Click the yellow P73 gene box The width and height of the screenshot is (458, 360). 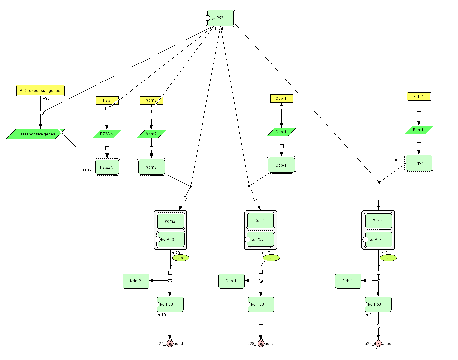107,100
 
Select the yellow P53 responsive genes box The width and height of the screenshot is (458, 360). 40,91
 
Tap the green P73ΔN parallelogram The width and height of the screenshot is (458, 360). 107,134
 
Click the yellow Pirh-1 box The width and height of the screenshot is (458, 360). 419,97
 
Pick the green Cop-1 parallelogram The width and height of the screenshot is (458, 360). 281,132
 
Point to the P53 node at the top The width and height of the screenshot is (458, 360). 220,18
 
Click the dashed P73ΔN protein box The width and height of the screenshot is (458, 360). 107,167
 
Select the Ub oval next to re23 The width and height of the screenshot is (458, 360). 181,258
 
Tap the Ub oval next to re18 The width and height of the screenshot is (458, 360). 388,258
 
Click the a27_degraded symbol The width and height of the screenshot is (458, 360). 170,344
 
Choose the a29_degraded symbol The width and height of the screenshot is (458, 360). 378,344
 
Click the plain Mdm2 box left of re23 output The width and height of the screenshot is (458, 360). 136,281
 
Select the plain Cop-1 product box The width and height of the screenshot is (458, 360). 231,281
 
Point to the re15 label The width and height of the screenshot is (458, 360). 397,160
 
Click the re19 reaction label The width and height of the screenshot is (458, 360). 162,315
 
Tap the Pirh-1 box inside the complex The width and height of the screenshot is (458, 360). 378,221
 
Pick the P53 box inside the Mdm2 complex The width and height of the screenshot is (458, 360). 171,240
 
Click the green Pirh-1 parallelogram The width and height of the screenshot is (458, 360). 419,130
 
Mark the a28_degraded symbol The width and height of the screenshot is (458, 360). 261,344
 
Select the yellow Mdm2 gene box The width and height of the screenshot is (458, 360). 151,100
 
